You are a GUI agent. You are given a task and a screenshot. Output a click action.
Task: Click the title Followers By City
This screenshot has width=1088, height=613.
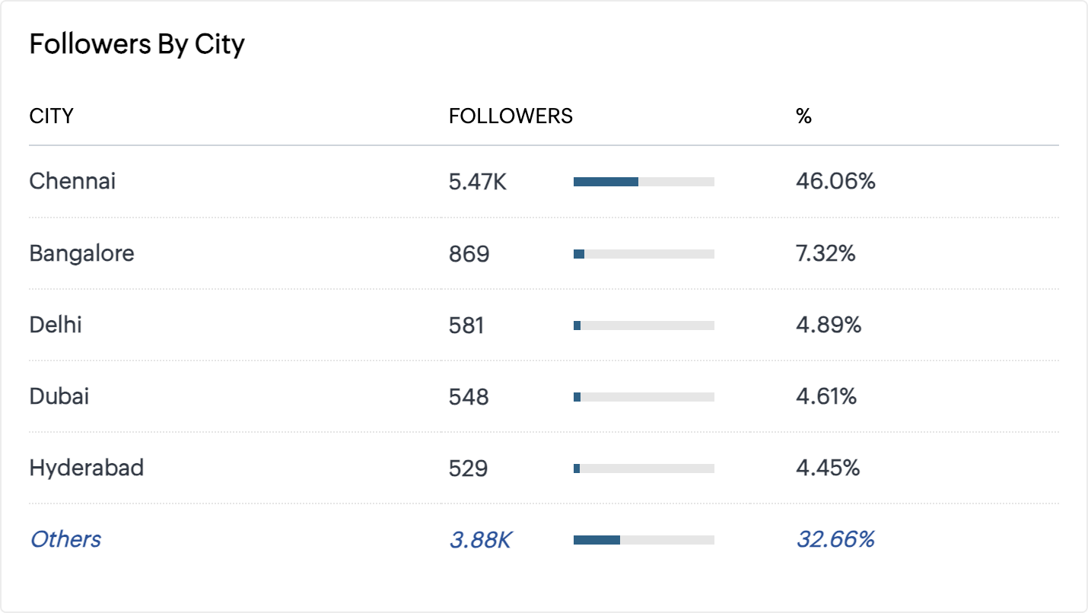tap(137, 45)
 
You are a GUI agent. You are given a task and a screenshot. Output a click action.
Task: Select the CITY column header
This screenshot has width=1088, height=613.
tap(51, 116)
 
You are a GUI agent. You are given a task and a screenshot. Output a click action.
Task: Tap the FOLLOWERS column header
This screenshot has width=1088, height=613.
tap(511, 116)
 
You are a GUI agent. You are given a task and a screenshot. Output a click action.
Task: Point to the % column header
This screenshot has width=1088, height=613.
tap(803, 116)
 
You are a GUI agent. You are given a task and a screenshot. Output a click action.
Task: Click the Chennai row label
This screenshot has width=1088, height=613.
tap(72, 181)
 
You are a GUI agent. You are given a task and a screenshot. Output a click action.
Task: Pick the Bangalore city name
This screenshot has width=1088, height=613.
tap(81, 253)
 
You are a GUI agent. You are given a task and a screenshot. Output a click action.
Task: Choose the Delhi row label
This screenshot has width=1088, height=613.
tap(56, 325)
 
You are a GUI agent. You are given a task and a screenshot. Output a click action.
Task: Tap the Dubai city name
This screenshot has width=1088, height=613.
tap(59, 396)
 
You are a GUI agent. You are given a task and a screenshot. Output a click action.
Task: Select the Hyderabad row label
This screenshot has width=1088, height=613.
tap(86, 468)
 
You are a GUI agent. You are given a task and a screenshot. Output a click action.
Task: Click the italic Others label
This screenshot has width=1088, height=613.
tap(65, 539)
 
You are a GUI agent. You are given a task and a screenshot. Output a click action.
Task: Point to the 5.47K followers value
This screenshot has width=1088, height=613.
tap(477, 182)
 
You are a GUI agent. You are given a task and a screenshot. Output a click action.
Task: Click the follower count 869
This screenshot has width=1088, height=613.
tap(469, 254)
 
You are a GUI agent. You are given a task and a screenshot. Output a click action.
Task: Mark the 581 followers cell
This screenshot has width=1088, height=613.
tap(466, 326)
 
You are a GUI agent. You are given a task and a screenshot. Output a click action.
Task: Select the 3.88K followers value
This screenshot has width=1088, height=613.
tap(480, 540)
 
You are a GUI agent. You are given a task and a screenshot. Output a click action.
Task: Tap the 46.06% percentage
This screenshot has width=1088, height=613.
tap(835, 182)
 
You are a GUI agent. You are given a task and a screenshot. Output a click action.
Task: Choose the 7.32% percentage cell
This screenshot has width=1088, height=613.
tap(826, 254)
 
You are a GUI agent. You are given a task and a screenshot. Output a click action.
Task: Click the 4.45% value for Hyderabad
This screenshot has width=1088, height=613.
tap(828, 468)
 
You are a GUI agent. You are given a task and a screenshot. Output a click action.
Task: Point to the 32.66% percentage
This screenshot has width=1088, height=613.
tap(835, 540)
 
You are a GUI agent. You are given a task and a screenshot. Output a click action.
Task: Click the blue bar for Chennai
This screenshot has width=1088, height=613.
tap(606, 182)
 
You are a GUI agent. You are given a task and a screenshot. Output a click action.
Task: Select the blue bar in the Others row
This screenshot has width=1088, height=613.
tap(596, 540)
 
